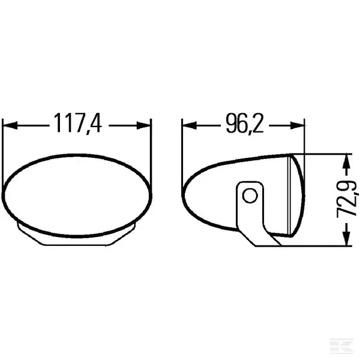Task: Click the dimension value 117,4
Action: click(x=78, y=123)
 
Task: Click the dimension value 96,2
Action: click(x=245, y=123)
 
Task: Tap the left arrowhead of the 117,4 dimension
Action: click(x=10, y=125)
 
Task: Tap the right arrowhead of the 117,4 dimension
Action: click(x=144, y=125)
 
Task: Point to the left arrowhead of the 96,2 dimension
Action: click(x=189, y=125)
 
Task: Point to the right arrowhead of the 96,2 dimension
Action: click(x=297, y=125)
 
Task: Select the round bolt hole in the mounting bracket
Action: click(x=250, y=196)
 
